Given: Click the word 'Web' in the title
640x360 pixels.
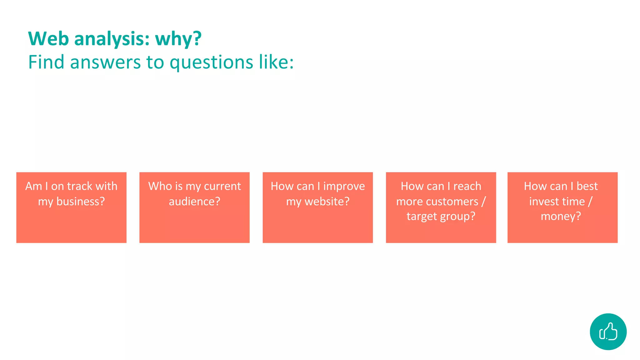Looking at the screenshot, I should coord(48,39).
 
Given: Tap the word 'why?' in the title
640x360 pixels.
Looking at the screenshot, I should coord(178,39).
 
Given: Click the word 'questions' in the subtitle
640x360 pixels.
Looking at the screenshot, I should coord(211,62).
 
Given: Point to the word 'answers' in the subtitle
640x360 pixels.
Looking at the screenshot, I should coord(106,62).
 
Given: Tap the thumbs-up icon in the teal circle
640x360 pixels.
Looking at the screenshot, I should coord(608,332).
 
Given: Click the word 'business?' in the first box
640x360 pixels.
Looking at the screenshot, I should coord(80,202).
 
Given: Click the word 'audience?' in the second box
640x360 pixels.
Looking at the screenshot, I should coord(194,202).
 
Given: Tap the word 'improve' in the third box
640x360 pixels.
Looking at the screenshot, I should coord(344,186).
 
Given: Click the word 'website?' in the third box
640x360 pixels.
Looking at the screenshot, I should coord(327,202).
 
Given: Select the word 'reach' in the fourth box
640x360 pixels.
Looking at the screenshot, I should coord(467,186).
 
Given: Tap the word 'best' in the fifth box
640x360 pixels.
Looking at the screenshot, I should coord(587,186).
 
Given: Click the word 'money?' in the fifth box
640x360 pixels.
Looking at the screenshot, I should coord(561,216).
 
